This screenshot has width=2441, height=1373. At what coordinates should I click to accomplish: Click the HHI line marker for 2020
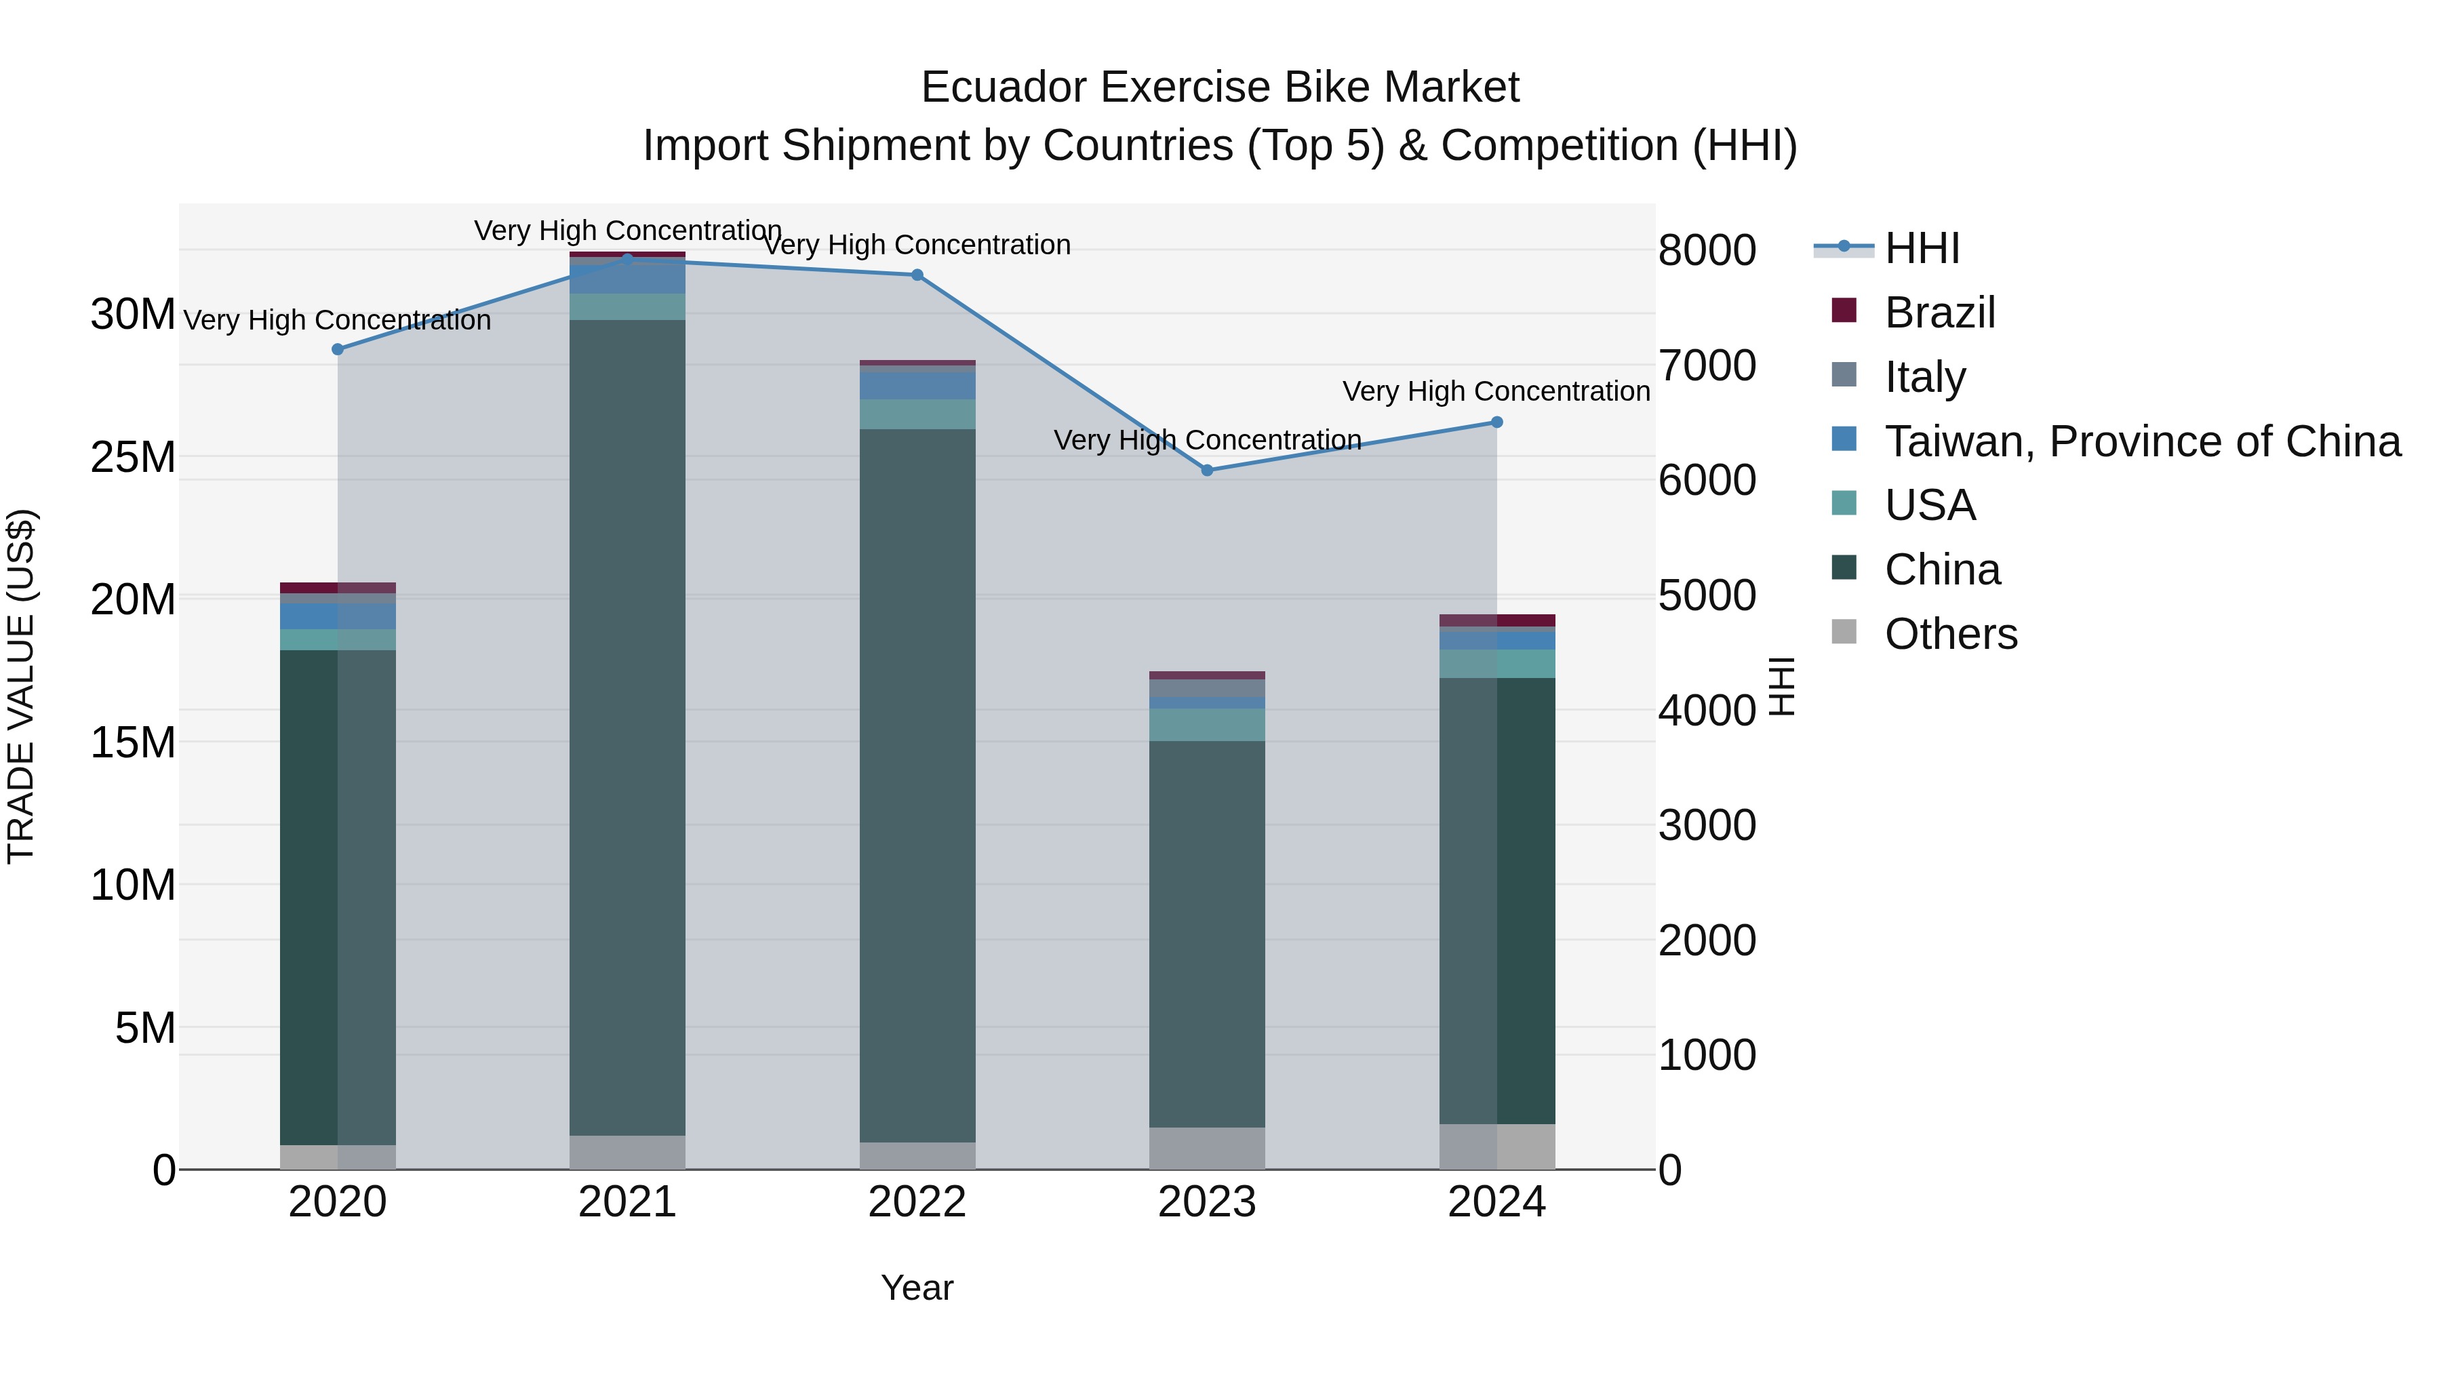(338, 350)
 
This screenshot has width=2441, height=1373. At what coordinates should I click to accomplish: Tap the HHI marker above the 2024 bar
(1497, 422)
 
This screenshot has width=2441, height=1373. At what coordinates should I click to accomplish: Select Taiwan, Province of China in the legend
(2141, 441)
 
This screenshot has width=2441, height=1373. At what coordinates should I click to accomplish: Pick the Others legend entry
(1950, 634)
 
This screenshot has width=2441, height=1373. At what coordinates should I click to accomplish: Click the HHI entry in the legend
(1922, 248)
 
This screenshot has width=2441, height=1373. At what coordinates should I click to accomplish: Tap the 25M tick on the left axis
(133, 458)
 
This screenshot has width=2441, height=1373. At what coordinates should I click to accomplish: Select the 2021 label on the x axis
(627, 1202)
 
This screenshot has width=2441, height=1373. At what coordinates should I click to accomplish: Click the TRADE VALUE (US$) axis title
(21, 686)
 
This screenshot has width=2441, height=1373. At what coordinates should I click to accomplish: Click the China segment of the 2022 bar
(917, 787)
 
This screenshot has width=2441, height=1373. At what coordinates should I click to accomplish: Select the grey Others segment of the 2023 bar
(1207, 1149)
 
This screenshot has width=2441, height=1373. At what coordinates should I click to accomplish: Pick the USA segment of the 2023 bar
(1207, 725)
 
